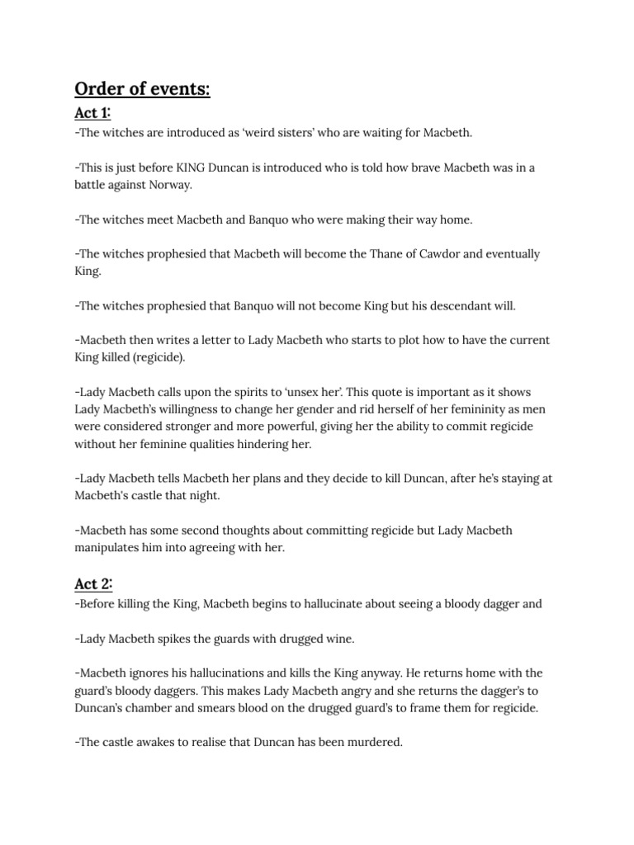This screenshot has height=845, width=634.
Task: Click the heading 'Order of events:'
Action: click(x=142, y=88)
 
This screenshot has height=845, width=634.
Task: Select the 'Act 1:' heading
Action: click(x=92, y=113)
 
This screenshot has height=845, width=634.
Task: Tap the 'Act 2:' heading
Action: click(x=93, y=584)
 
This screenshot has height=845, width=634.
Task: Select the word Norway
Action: click(x=168, y=185)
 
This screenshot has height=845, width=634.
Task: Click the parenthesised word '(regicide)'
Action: click(x=156, y=357)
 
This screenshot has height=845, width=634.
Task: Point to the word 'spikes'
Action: click(x=168, y=638)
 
